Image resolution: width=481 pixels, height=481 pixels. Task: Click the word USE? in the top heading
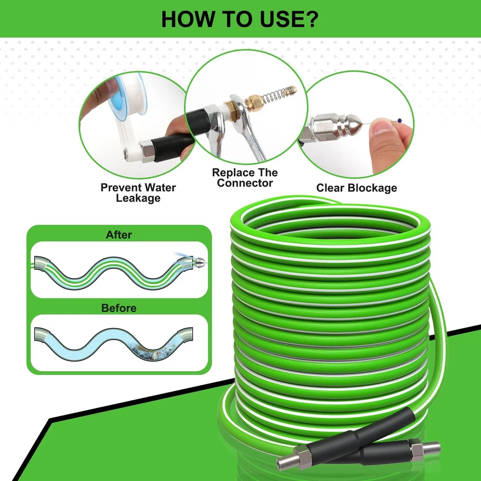(289, 19)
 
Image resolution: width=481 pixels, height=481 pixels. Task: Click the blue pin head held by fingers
(399, 121)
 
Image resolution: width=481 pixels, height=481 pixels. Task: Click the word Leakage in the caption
(138, 198)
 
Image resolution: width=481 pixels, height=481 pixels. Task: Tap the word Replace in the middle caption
(232, 173)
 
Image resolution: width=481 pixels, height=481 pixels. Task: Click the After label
(119, 235)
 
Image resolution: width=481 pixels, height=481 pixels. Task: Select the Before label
(119, 308)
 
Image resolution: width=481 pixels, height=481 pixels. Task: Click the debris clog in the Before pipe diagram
(150, 351)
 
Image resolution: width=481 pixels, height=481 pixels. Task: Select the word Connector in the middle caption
(245, 183)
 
